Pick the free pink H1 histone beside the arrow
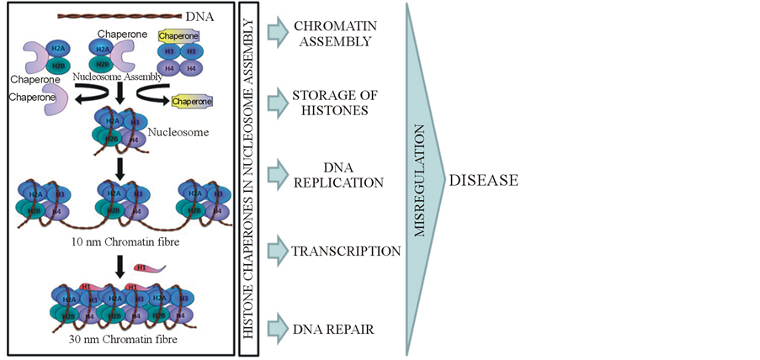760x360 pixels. point(151,267)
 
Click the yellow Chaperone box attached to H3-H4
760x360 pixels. point(179,36)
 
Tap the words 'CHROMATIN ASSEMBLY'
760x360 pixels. point(332,32)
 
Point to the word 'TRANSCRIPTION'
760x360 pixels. point(346,251)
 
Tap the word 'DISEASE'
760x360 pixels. point(484,179)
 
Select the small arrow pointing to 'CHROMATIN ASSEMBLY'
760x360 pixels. point(278,32)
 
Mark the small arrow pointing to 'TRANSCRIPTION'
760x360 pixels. point(278,250)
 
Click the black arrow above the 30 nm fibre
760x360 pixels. point(119,266)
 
